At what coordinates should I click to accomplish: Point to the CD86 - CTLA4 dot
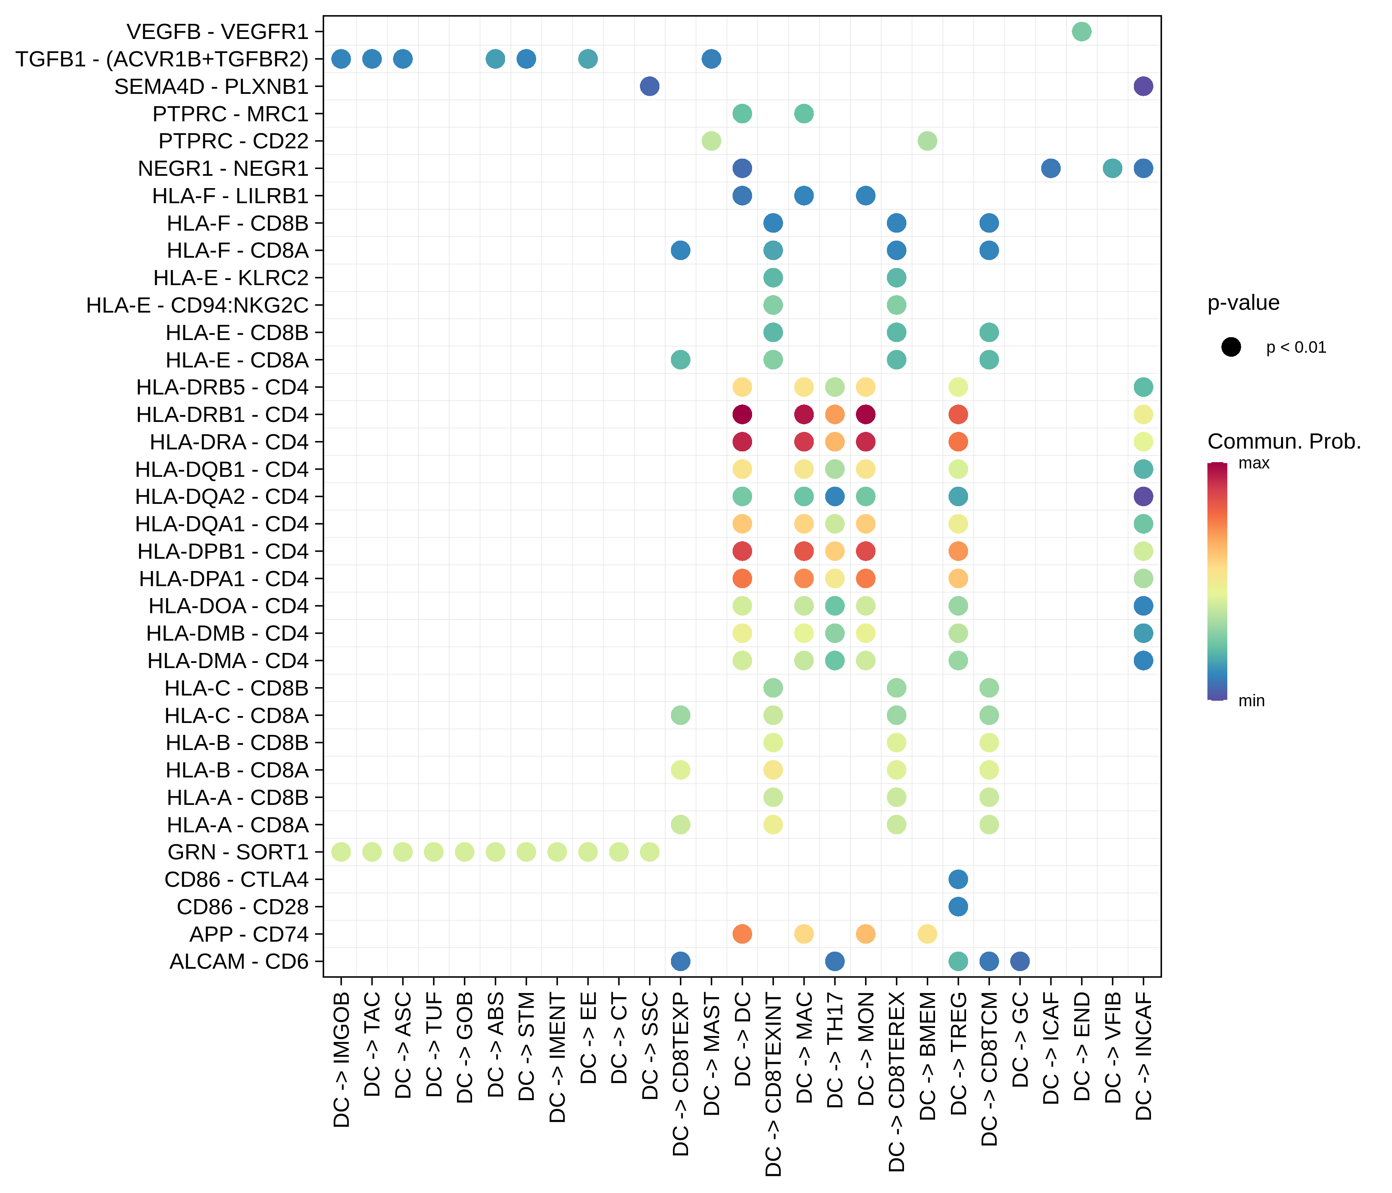tap(958, 879)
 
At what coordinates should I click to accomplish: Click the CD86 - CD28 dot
tap(958, 907)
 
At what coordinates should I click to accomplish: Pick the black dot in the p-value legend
tap(1231, 347)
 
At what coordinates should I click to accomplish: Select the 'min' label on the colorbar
tap(1251, 701)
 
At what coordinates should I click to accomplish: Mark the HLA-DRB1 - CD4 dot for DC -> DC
tap(742, 414)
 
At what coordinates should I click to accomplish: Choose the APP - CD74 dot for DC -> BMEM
tap(927, 934)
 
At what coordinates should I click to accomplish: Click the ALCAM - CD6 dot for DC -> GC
tap(1020, 961)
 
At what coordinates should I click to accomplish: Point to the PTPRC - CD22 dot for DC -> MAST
tap(711, 141)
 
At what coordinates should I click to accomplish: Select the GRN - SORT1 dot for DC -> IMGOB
tap(341, 852)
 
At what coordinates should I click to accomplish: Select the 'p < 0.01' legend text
tap(1296, 347)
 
